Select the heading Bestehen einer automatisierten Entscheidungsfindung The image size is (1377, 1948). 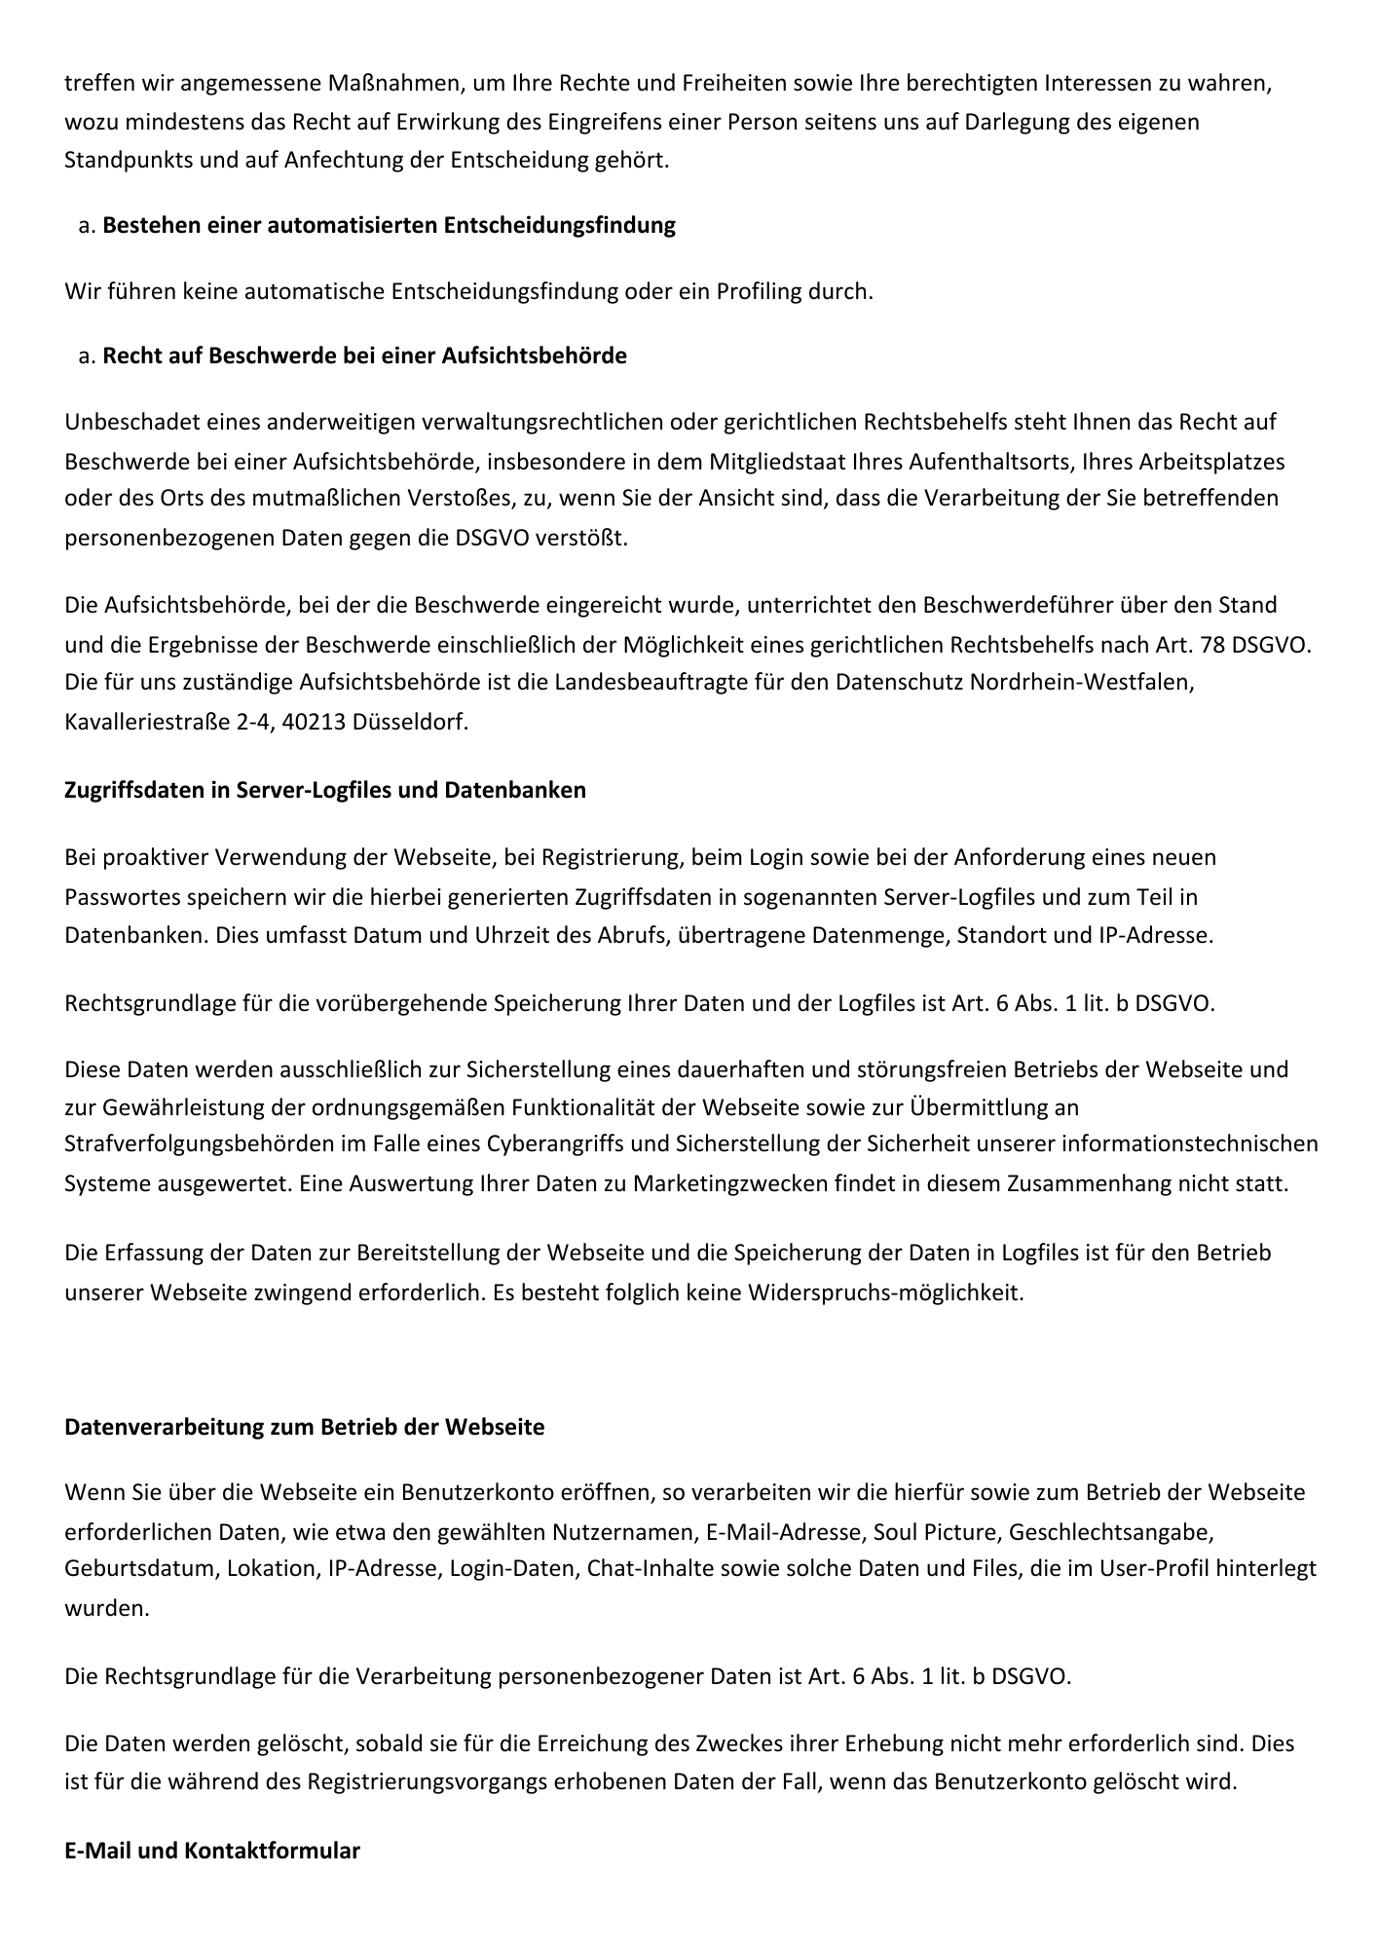tap(389, 225)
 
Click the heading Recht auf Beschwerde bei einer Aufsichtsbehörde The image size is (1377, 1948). tap(364, 356)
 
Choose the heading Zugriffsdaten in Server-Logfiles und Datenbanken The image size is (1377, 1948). tap(325, 790)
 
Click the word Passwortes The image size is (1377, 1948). tap(115, 896)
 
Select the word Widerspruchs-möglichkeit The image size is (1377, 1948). tap(895, 1293)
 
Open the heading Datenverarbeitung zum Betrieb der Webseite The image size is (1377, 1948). tap(304, 1427)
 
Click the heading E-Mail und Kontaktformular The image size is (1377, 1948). tap(212, 1851)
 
